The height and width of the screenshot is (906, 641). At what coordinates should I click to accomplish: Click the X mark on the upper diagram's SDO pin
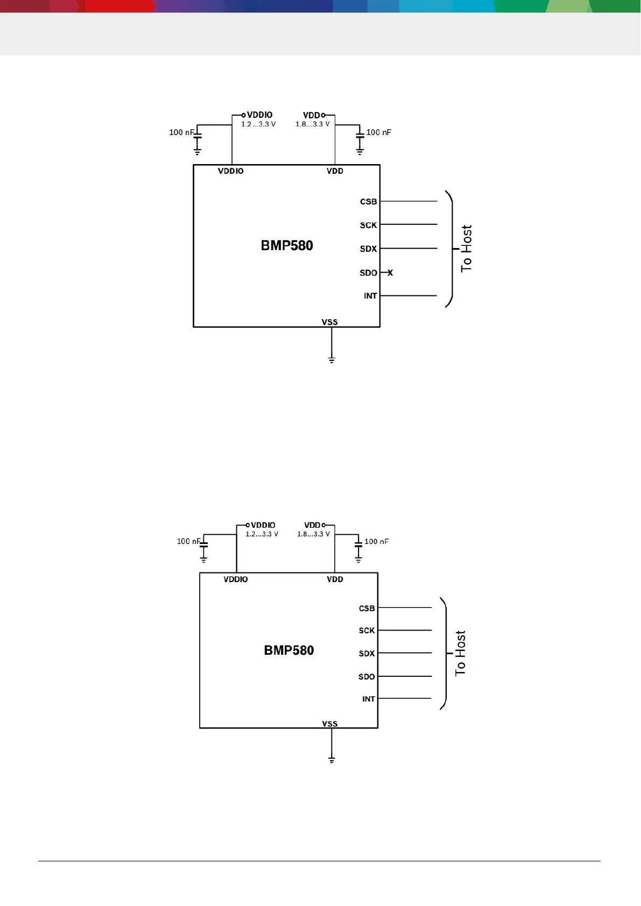pos(390,273)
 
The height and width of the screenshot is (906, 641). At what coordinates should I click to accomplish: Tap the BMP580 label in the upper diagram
pos(287,245)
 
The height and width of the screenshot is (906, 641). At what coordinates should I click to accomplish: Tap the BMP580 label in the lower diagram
pos(288,650)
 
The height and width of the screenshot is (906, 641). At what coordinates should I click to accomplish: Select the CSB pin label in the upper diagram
pos(368,202)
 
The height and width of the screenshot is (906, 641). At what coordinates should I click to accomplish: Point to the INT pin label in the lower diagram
pos(368,699)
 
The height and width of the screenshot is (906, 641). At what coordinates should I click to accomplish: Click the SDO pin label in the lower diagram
pos(367,677)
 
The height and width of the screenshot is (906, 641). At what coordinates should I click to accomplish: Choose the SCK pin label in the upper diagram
pos(368,225)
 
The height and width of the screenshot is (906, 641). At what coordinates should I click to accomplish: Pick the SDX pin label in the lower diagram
pos(367,654)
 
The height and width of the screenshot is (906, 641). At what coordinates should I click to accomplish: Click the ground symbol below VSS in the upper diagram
pos(332,359)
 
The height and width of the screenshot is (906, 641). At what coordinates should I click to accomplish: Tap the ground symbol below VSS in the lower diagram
pos(332,760)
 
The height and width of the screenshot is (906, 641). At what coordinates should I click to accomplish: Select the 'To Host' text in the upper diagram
pos(466,249)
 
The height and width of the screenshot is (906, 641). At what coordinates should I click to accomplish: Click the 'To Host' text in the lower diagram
pos(460,653)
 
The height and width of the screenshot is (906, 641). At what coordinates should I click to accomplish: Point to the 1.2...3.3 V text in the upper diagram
pos(258,124)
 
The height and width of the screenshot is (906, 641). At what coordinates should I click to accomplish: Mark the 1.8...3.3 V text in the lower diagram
pos(313,534)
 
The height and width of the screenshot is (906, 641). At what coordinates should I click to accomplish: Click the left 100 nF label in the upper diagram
pos(181,132)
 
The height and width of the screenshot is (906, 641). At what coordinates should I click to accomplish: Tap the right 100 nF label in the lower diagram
pos(376,541)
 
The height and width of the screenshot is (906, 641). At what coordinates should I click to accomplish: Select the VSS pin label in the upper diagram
pos(329,322)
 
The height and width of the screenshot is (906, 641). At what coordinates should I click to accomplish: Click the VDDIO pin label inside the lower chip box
pos(236,579)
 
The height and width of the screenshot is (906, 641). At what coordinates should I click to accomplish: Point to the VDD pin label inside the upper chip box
pos(335,171)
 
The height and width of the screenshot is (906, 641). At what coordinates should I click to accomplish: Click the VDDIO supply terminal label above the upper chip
pos(259,115)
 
